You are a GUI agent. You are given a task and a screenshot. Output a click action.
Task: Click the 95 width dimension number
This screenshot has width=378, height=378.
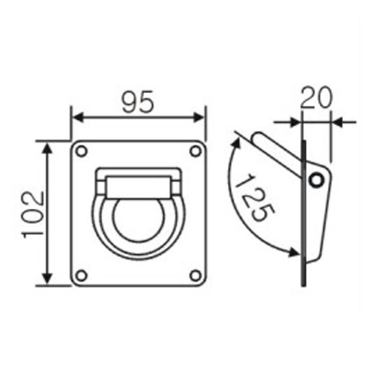138,102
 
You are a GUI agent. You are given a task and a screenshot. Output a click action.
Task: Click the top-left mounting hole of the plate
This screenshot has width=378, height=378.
81,152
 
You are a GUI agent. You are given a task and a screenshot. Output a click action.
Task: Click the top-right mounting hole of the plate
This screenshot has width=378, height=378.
196,152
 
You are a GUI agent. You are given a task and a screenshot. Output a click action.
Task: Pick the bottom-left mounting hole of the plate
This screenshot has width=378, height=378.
81,276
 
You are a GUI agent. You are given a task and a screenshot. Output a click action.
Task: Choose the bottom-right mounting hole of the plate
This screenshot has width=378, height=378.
196,276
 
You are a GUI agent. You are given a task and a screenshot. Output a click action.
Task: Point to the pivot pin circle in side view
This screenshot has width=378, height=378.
316,180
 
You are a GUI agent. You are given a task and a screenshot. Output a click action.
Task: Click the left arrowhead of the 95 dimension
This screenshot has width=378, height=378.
78,118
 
